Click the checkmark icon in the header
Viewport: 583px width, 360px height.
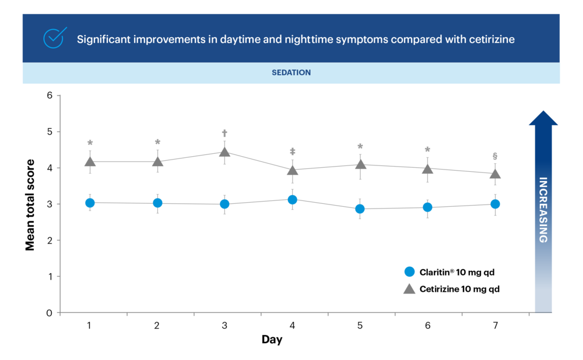point(55,38)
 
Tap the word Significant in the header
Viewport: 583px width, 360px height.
point(101,40)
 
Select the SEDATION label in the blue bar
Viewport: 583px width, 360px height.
point(291,73)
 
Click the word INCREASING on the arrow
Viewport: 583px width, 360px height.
point(543,210)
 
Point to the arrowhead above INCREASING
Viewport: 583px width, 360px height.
point(543,118)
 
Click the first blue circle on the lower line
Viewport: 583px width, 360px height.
point(90,203)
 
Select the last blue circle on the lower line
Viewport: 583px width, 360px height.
point(495,204)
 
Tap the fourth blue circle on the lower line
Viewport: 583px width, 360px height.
point(293,200)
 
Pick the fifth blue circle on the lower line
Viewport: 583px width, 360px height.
point(360,209)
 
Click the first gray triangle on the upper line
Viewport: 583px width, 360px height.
point(90,161)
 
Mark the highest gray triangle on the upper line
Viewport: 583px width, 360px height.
point(224,152)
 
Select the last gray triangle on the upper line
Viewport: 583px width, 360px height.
point(495,173)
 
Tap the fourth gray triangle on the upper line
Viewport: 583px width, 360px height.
point(293,170)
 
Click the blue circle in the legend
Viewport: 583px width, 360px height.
point(409,271)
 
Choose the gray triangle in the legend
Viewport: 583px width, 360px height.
point(409,289)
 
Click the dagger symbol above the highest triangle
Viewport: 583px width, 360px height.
point(224,133)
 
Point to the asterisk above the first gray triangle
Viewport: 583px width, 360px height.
point(90,142)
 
